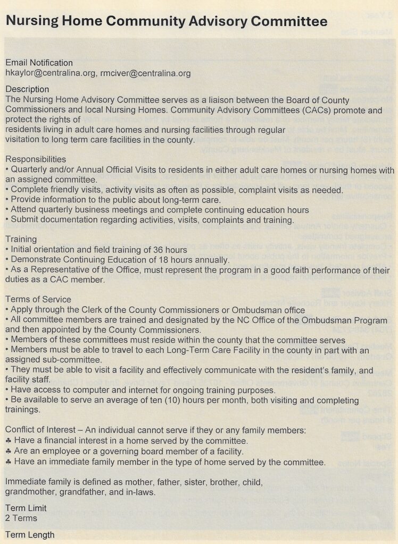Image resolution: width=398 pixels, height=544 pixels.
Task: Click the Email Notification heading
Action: [39, 63]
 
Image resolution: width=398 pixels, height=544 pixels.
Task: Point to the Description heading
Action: [27, 89]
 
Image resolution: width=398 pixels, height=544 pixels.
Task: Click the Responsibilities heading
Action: [36, 159]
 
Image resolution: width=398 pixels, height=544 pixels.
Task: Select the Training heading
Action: [21, 239]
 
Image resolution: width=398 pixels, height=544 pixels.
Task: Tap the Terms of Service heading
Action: [38, 299]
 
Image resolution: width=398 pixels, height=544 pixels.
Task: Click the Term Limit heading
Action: [26, 508]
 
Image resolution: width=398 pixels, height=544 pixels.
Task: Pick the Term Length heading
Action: [30, 534]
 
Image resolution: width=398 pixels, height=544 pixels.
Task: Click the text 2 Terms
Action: [21, 518]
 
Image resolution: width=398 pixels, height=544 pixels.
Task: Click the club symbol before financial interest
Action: [8, 440]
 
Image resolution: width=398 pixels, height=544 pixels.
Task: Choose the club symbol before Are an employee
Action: [8, 451]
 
